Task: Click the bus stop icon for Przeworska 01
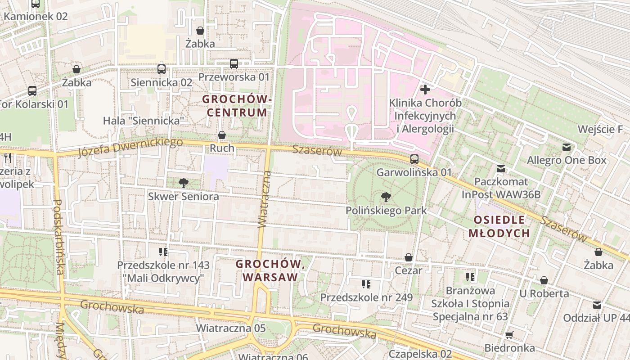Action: tap(234, 64)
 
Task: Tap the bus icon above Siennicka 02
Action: tap(162, 69)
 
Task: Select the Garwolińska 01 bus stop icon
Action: tap(414, 159)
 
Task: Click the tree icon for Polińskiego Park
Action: tap(386, 197)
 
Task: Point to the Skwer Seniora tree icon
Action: tap(183, 183)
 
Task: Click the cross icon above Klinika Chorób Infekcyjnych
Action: tap(425, 90)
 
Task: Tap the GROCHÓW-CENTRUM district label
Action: tap(237, 105)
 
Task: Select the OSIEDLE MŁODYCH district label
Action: tap(499, 226)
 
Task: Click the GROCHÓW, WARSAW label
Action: tap(270, 270)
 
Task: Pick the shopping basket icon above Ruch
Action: tap(222, 135)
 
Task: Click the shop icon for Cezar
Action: tap(409, 257)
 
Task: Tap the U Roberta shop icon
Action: tap(544, 281)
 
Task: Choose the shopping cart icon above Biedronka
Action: tap(509, 335)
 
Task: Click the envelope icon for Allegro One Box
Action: tap(567, 147)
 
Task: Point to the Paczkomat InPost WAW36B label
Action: tap(501, 188)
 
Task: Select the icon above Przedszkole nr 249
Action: tap(366, 284)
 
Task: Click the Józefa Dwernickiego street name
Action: tap(130, 148)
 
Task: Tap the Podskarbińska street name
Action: tap(58, 237)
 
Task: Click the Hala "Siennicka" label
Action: tap(144, 121)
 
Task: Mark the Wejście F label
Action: tap(600, 130)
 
